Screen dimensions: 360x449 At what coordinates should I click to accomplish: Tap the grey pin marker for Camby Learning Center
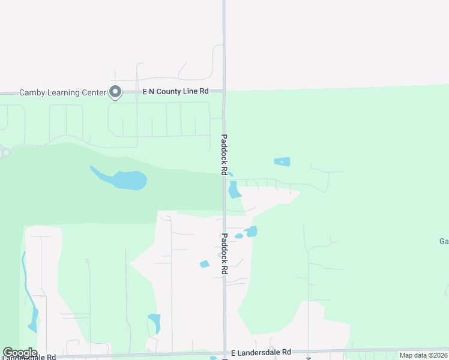click(x=115, y=92)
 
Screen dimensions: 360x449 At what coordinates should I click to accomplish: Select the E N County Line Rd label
click(x=175, y=91)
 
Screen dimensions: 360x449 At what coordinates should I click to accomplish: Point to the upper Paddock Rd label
click(x=224, y=154)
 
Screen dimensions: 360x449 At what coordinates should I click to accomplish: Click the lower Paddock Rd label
click(x=224, y=254)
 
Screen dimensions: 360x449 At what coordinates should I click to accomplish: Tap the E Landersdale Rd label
click(x=261, y=352)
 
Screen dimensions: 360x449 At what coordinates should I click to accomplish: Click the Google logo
click(x=20, y=353)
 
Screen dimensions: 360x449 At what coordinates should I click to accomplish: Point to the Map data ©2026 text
click(x=423, y=355)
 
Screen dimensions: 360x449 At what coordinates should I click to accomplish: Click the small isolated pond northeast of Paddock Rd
click(x=282, y=161)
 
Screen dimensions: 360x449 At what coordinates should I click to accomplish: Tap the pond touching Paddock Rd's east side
click(x=234, y=190)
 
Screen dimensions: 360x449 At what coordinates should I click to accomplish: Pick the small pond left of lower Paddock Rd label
click(x=205, y=264)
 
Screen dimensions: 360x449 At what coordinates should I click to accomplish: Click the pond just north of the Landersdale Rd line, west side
click(x=154, y=322)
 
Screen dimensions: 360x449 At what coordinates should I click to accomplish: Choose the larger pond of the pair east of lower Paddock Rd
click(x=252, y=231)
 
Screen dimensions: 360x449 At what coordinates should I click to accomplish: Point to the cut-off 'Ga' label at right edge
click(x=444, y=242)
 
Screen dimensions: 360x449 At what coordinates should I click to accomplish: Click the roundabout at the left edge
click(x=5, y=153)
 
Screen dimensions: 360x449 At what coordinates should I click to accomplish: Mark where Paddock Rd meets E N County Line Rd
click(x=224, y=91)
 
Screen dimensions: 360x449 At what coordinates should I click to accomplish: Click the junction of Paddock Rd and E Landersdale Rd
click(x=224, y=353)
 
